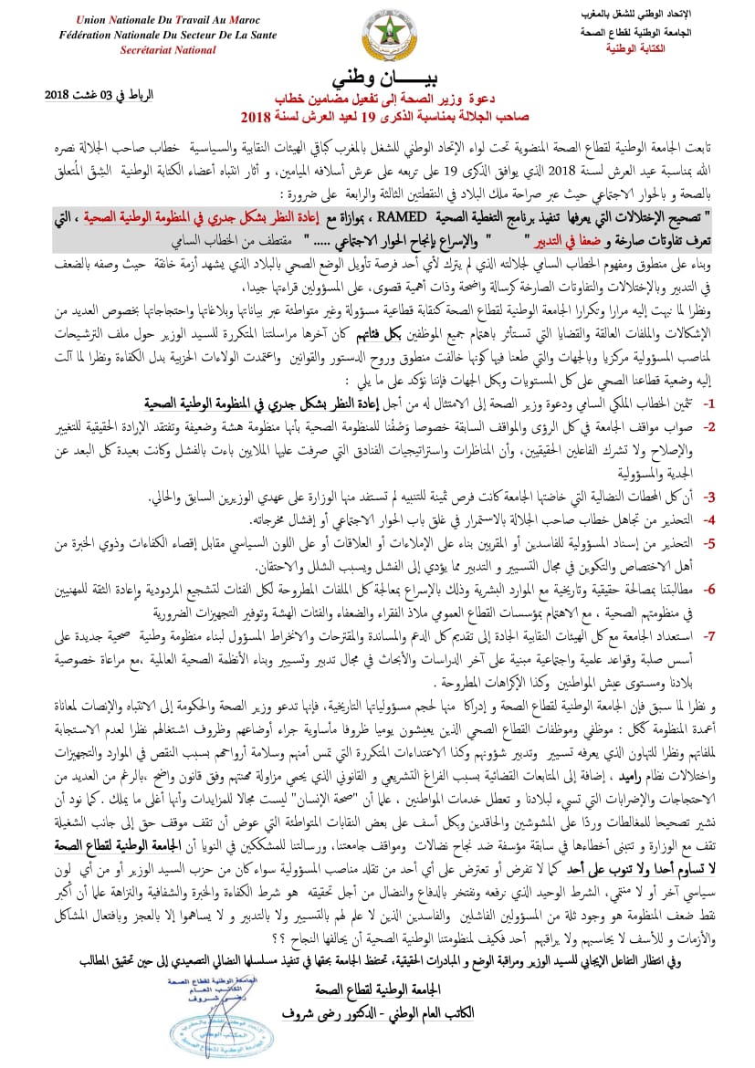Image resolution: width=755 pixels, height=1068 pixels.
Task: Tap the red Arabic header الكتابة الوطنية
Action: click(662, 48)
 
